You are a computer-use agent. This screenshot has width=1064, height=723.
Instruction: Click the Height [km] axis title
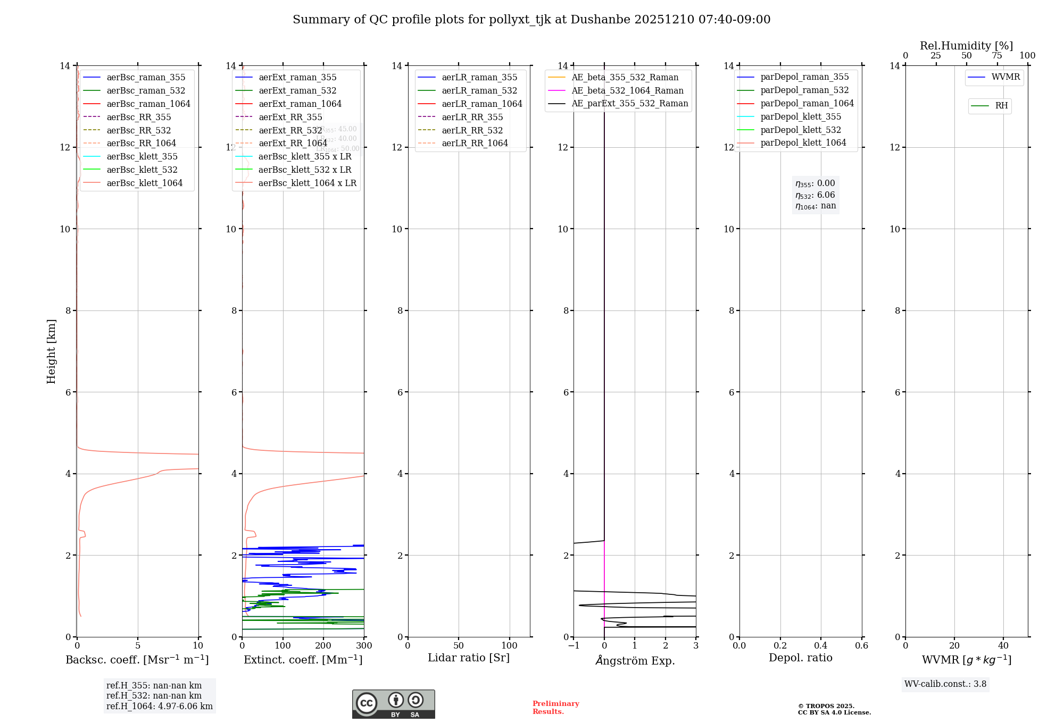51,351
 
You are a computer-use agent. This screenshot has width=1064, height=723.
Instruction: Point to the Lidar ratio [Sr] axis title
469,658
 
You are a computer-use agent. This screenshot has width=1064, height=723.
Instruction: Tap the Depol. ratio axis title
800,658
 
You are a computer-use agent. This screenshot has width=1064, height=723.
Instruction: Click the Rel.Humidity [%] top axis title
966,46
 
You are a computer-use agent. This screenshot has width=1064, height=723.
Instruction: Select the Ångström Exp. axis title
635,660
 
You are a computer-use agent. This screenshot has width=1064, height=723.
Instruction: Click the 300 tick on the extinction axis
364,645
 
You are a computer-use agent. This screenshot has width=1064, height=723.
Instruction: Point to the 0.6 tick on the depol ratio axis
861,645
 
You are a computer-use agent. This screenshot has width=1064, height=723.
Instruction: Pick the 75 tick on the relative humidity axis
997,56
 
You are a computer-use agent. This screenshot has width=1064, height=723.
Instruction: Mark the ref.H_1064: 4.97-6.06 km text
159,706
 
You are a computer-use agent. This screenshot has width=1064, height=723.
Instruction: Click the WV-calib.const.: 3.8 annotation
945,684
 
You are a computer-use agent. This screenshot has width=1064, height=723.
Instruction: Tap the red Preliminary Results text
555,707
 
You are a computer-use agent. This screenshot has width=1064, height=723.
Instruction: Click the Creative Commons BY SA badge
393,704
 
